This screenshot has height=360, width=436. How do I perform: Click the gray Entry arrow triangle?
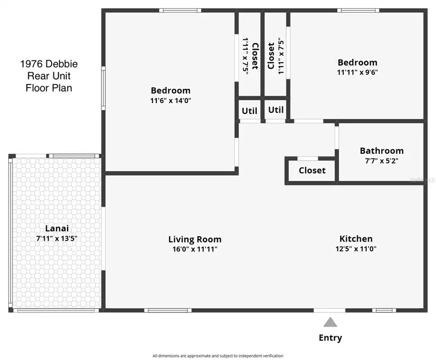point(330,322)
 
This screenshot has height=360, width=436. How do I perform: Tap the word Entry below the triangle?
point(330,338)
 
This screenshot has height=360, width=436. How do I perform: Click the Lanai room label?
point(57,229)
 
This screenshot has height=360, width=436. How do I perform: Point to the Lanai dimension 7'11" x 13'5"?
point(57,238)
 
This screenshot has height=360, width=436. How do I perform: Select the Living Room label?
point(195,239)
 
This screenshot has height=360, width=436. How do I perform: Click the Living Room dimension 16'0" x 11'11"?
point(195,249)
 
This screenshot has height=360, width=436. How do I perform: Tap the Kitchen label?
point(356,239)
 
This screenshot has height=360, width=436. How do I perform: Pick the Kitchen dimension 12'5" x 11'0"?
point(356,249)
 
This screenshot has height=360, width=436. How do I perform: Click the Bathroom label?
point(382,151)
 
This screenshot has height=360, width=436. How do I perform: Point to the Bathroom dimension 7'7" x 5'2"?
point(382,161)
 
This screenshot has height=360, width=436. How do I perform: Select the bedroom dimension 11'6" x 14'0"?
point(171,100)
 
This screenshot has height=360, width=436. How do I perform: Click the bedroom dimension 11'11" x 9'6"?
point(358,73)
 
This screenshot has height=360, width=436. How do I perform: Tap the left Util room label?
point(250,111)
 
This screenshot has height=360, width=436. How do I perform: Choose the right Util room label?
point(276,110)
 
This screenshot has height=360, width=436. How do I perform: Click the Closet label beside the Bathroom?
point(312,170)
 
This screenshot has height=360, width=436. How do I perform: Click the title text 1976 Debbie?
point(49,64)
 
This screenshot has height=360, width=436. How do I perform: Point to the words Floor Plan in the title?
point(49,88)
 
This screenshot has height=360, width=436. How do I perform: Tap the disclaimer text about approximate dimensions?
point(218,356)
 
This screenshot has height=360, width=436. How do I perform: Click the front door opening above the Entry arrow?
point(330,310)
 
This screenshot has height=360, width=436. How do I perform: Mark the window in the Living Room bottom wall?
point(168,310)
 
